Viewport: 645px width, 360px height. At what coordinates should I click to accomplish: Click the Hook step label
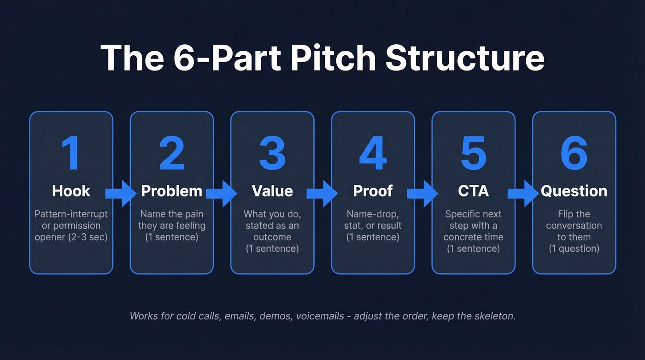pyautogui.click(x=71, y=191)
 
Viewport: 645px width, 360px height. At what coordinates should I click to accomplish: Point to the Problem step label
pyautogui.click(x=171, y=191)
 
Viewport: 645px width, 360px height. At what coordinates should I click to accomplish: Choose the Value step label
pyautogui.click(x=272, y=191)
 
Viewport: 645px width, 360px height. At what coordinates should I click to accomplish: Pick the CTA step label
pyautogui.click(x=473, y=191)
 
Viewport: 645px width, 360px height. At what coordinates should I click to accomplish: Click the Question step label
pyautogui.click(x=574, y=191)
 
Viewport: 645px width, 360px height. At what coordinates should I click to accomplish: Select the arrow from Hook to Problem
pyautogui.click(x=121, y=193)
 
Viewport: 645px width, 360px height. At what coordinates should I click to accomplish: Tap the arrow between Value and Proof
pyautogui.click(x=322, y=193)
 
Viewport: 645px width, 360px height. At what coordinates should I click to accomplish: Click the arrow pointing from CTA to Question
pyautogui.click(x=523, y=193)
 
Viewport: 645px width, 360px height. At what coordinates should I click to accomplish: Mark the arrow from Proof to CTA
pyautogui.click(x=422, y=193)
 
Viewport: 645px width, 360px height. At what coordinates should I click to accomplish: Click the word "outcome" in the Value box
pyautogui.click(x=272, y=237)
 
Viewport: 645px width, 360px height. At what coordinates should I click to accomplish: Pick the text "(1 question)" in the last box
pyautogui.click(x=574, y=248)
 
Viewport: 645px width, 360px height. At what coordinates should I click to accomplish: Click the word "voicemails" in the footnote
pyautogui.click(x=319, y=316)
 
